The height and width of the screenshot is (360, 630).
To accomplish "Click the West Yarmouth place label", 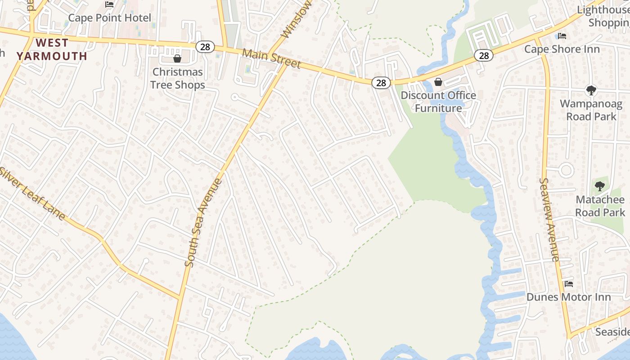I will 52,49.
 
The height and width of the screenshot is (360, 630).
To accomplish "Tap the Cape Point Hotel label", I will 109,18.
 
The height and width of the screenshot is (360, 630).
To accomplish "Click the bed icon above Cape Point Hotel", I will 109,4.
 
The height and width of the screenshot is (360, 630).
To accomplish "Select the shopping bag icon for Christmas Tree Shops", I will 177,58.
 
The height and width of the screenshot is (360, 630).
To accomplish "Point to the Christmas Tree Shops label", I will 177,78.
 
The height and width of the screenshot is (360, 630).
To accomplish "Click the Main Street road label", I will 271,58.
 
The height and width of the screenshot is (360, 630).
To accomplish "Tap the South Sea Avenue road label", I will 204,223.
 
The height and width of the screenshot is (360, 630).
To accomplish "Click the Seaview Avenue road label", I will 549,220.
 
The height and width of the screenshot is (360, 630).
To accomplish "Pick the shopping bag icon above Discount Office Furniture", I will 438,82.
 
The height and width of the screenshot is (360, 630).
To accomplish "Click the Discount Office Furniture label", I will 438,102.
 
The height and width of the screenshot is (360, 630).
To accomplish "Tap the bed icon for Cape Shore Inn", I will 562,36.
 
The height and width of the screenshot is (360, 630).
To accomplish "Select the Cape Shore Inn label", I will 562,49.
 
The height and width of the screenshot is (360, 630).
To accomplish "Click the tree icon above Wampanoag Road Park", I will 591,90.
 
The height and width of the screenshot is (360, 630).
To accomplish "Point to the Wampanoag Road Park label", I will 591,110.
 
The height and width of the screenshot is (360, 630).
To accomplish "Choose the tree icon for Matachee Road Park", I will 599,186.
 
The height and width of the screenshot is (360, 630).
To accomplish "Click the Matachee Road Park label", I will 600,206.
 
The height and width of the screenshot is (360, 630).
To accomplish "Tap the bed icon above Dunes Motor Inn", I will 569,284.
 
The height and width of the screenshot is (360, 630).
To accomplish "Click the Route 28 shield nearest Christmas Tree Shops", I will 205,47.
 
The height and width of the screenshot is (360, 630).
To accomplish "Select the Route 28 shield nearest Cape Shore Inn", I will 484,56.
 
